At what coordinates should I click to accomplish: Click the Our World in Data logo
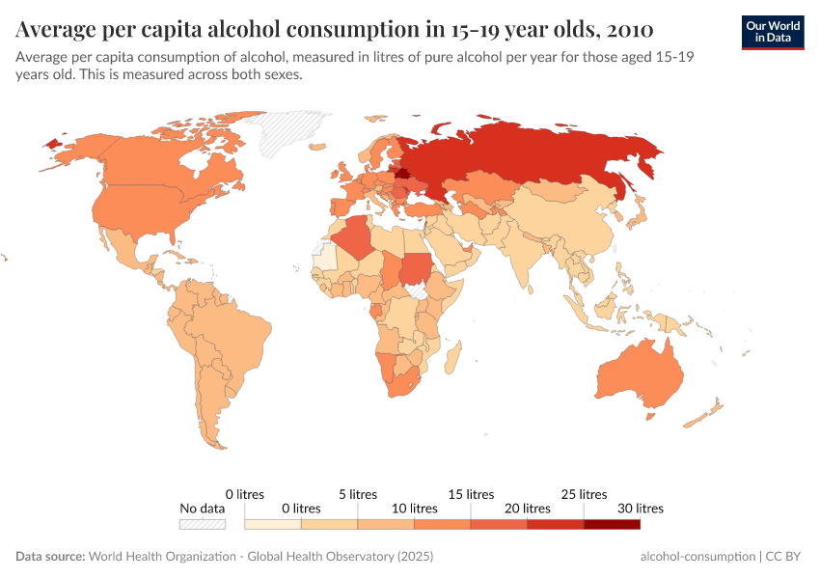pos(773,32)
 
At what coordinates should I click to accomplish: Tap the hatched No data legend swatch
pos(202,524)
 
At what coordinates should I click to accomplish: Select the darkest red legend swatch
pos(612,524)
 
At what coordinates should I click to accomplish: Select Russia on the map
pos(540,154)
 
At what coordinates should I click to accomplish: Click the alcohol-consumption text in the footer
pos(697,557)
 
